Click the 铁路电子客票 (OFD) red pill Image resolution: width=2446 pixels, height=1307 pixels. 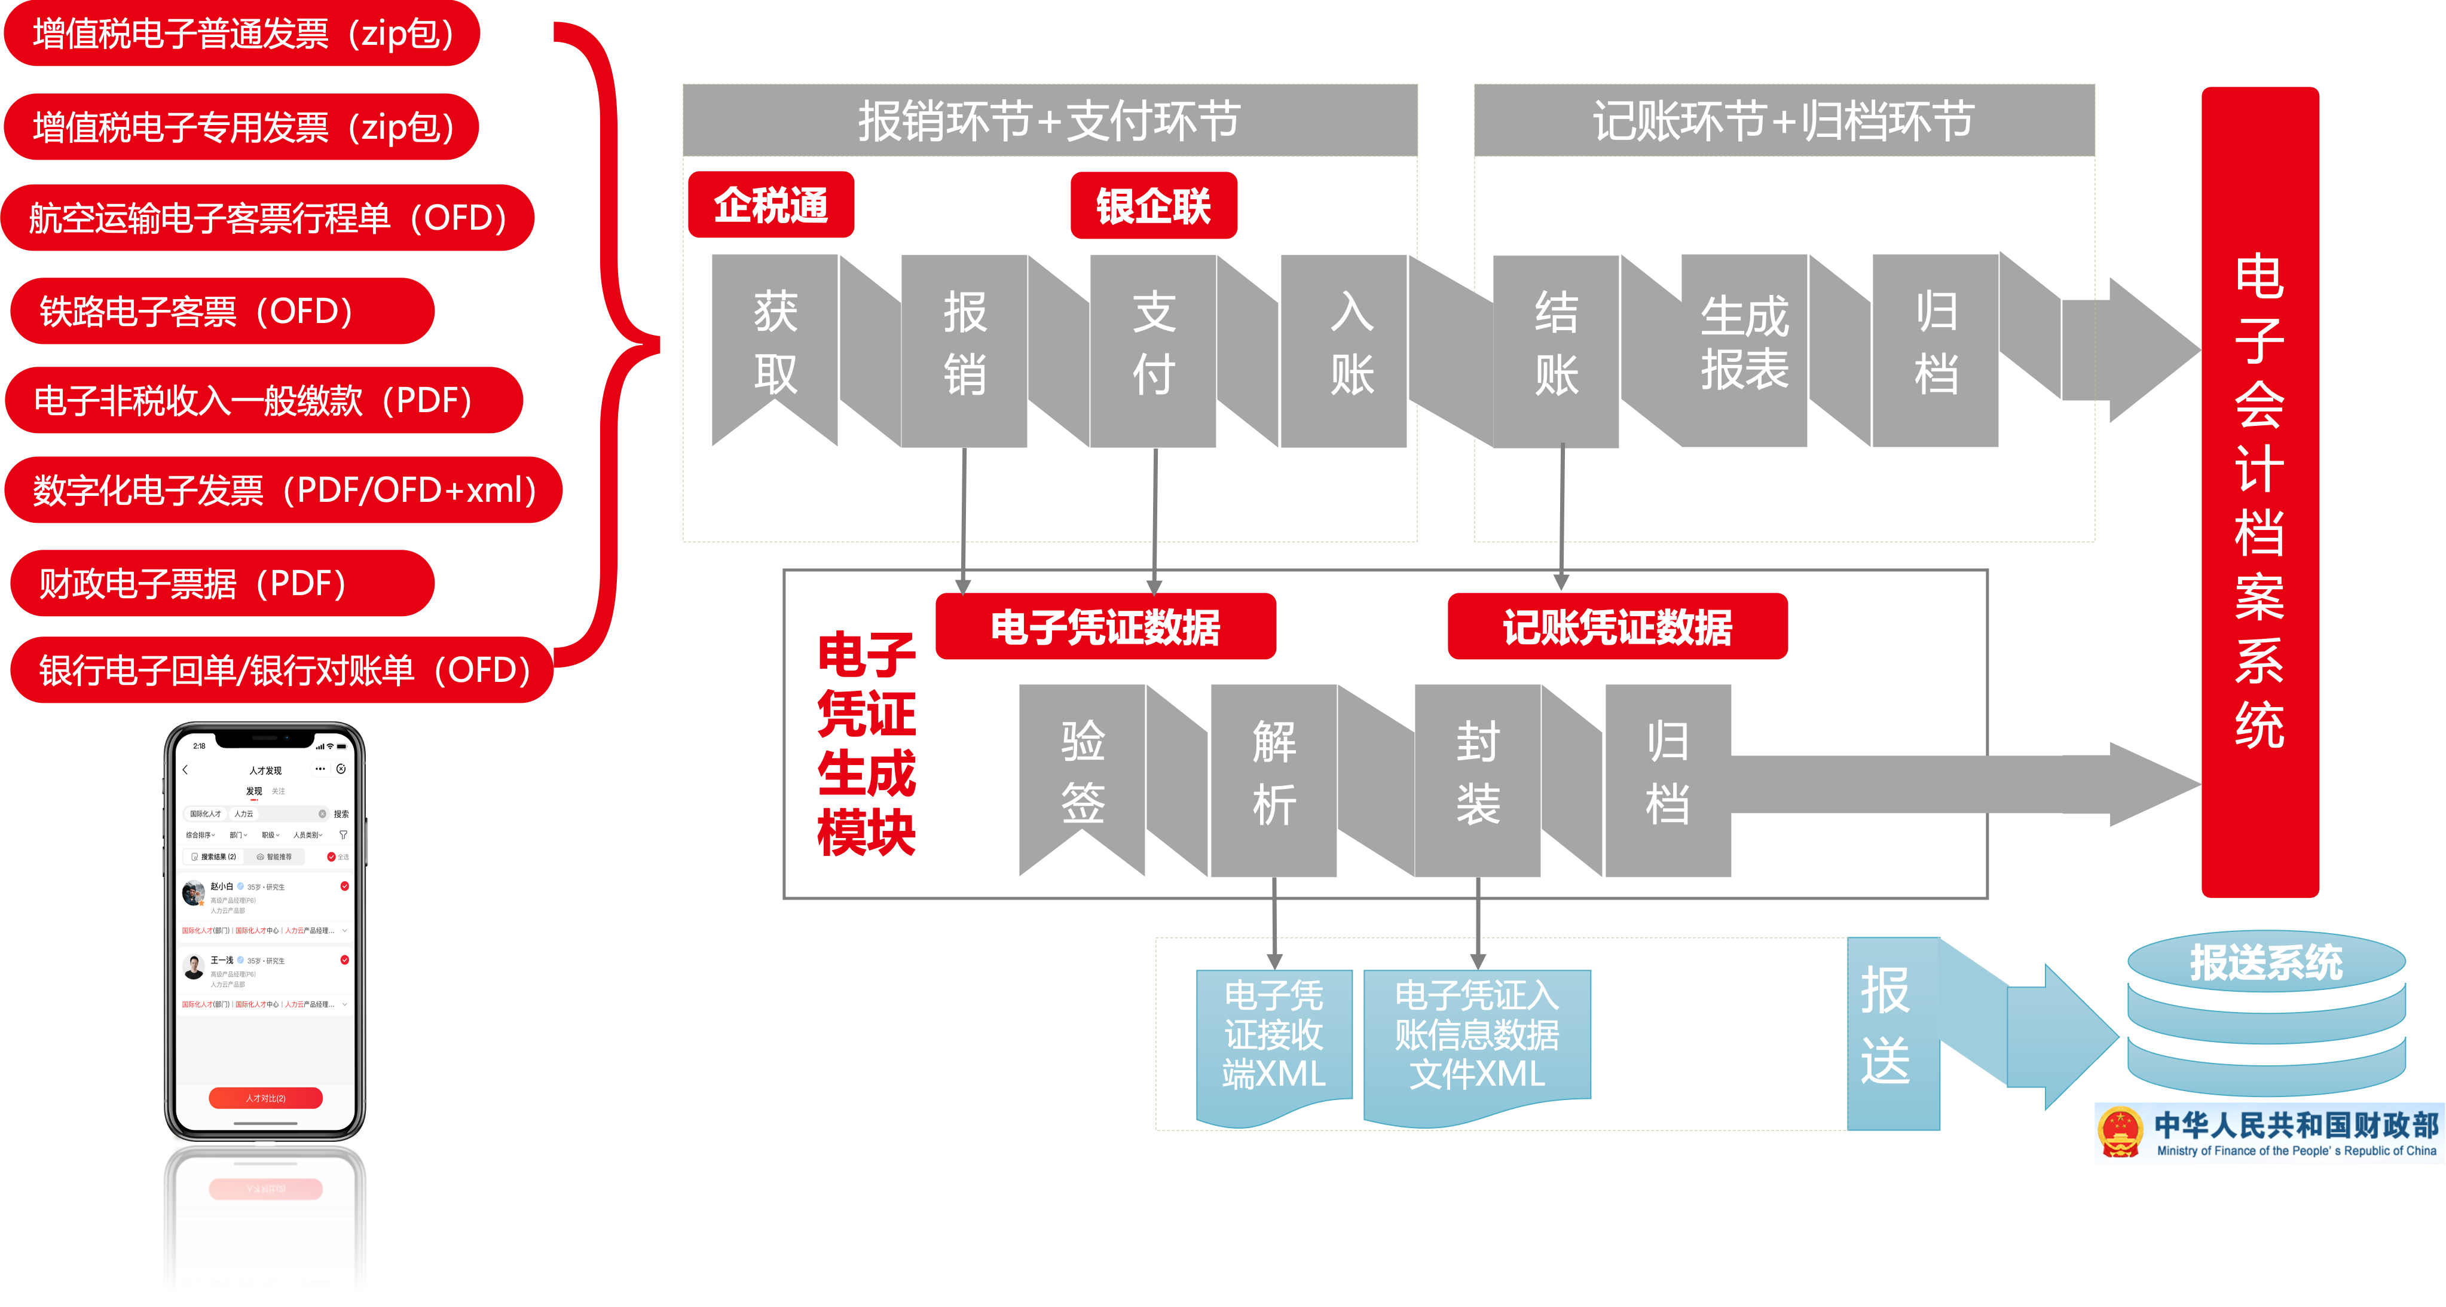[221, 310]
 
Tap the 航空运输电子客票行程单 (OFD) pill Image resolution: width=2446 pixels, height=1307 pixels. [269, 218]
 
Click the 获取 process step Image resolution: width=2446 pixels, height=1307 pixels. [775, 343]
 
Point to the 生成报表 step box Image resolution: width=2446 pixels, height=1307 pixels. [1744, 343]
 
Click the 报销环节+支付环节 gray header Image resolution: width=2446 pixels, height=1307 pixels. [1049, 121]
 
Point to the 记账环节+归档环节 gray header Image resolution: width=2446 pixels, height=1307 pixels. [1783, 121]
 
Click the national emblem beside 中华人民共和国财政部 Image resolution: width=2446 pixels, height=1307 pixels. [2120, 1133]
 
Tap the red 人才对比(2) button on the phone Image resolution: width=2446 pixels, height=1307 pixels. [266, 1098]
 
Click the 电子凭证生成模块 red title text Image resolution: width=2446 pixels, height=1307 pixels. [866, 743]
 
